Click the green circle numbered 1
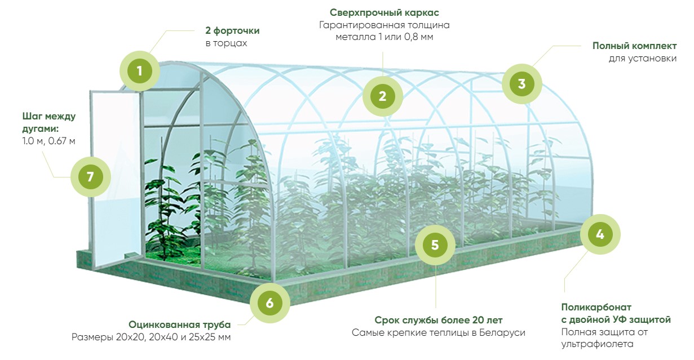pyautogui.click(x=139, y=71)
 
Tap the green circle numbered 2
pyautogui.click(x=382, y=96)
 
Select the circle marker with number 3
pyautogui.click(x=521, y=84)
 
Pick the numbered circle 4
pyautogui.click(x=600, y=234)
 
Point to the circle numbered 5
pyautogui.click(x=435, y=245)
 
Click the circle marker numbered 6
pyautogui.click(x=269, y=303)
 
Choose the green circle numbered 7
pyautogui.click(x=90, y=176)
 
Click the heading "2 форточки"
pyautogui.click(x=232, y=31)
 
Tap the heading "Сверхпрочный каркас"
pyautogui.click(x=384, y=12)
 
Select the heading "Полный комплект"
pyautogui.click(x=634, y=46)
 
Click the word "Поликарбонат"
pyautogui.click(x=596, y=307)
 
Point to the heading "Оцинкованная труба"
pyautogui.click(x=180, y=325)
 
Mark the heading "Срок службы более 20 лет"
pyautogui.click(x=439, y=320)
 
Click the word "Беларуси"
pyautogui.click(x=503, y=333)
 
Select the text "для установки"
pyautogui.click(x=643, y=58)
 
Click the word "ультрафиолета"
pyautogui.click(x=597, y=344)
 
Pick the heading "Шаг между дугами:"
pyautogui.click(x=48, y=122)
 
